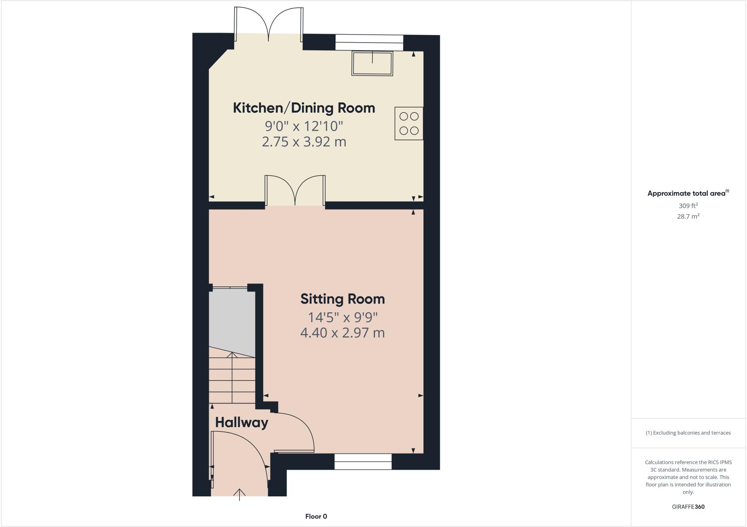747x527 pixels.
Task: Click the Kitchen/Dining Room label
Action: click(304, 108)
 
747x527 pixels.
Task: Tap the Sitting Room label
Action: click(342, 299)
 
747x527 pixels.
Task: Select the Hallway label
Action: click(241, 422)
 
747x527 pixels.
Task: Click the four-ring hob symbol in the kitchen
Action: click(409, 124)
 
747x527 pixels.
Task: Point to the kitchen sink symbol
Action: click(372, 63)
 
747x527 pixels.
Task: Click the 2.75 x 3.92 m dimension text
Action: click(304, 142)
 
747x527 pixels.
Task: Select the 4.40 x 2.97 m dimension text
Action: click(342, 333)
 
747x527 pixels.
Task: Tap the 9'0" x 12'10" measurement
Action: click(304, 126)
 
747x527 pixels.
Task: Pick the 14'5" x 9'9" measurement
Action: click(342, 317)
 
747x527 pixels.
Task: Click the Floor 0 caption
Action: click(316, 516)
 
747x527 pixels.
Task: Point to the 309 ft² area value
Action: click(688, 206)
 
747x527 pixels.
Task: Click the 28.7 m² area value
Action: click(688, 216)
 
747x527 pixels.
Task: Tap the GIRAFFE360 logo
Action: click(688, 507)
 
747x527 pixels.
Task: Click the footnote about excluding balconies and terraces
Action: click(688, 433)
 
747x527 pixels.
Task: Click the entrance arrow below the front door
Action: click(239, 494)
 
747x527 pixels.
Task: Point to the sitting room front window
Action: click(363, 461)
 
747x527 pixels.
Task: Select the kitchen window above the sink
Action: click(369, 43)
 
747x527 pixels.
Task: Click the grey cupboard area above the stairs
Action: click(232, 321)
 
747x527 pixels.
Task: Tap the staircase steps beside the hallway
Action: click(232, 381)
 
